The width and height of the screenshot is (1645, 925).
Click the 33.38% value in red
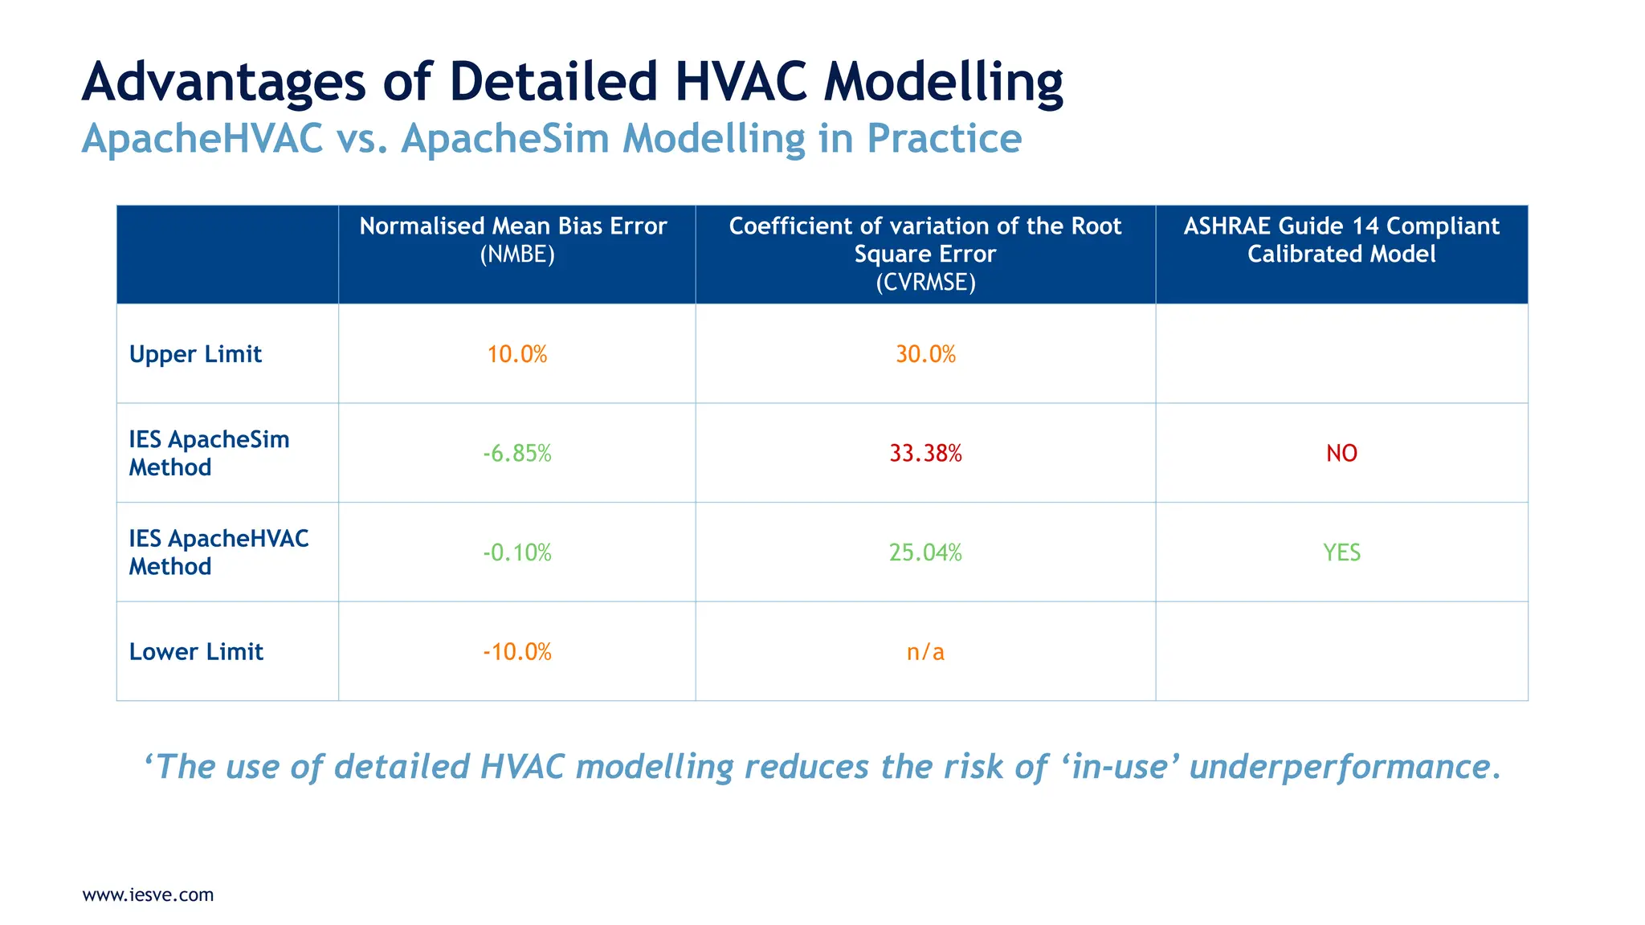(x=925, y=454)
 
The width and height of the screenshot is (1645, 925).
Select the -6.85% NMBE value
(x=517, y=454)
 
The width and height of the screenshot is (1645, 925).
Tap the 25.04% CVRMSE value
(x=925, y=552)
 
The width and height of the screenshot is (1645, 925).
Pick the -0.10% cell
(x=517, y=552)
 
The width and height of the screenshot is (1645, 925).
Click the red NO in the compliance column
(x=1341, y=454)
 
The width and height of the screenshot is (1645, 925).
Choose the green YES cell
(x=1341, y=552)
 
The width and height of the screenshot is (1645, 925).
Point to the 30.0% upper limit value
(x=925, y=354)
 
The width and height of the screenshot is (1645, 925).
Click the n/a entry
(x=925, y=652)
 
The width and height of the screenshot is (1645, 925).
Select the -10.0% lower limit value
(x=517, y=652)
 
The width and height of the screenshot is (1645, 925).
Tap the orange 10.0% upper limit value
(x=517, y=354)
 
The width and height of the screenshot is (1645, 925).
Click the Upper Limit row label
(x=195, y=354)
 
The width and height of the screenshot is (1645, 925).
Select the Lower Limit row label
(x=196, y=652)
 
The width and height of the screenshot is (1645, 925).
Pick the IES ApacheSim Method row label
(x=209, y=454)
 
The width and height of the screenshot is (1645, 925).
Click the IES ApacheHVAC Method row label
(x=218, y=552)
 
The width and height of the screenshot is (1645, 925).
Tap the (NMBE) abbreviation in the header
(x=517, y=255)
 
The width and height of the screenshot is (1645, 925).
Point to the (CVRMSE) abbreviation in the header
(x=925, y=283)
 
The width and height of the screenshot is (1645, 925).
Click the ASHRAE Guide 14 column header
(x=1341, y=240)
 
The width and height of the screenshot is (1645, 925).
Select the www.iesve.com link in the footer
(x=148, y=894)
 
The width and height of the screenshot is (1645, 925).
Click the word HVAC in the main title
(x=741, y=82)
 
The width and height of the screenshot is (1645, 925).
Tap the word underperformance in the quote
(x=1345, y=767)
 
